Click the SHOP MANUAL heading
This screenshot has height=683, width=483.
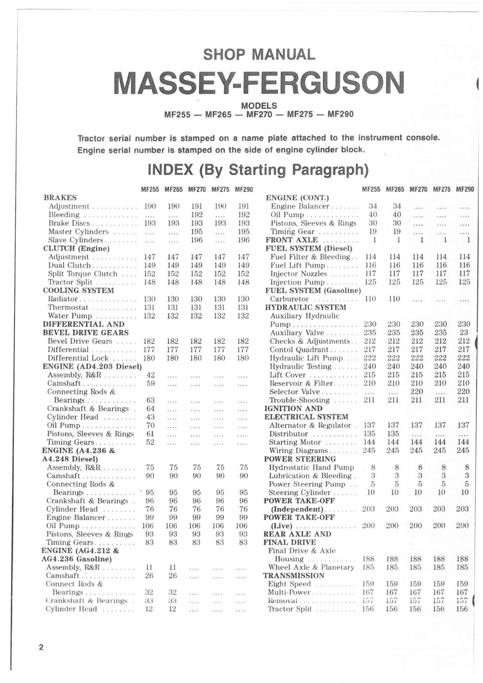(259, 55)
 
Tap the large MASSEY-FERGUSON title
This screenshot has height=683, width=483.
(259, 83)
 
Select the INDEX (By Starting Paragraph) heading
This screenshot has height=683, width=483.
(258, 170)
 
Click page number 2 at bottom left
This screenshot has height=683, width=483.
(41, 648)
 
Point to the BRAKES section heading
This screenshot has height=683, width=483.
(60, 197)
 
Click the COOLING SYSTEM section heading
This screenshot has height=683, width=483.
(78, 290)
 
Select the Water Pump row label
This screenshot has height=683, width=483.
(70, 315)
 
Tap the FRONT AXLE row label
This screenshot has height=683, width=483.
(291, 240)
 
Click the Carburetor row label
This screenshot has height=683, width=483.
(289, 299)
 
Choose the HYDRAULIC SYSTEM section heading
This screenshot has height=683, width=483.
(305, 307)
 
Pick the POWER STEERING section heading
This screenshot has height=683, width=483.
(300, 459)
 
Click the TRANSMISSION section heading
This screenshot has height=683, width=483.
(294, 576)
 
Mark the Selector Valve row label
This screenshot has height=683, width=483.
(294, 392)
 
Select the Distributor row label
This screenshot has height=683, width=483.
(289, 434)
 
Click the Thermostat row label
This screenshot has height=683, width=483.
(68, 307)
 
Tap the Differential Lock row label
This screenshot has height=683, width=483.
(78, 358)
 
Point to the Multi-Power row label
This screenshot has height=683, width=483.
(289, 592)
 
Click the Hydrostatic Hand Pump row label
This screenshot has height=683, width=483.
(311, 467)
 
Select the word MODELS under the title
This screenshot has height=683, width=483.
(259, 106)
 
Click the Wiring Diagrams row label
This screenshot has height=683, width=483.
(294, 451)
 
